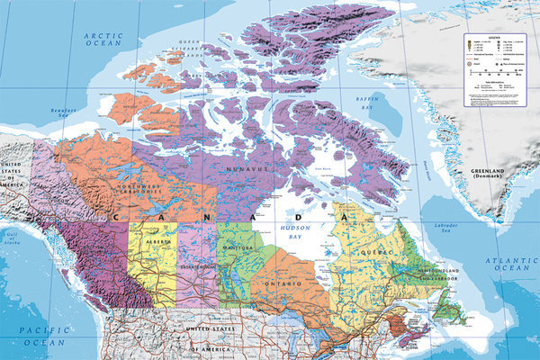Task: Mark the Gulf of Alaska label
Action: (12, 238)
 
